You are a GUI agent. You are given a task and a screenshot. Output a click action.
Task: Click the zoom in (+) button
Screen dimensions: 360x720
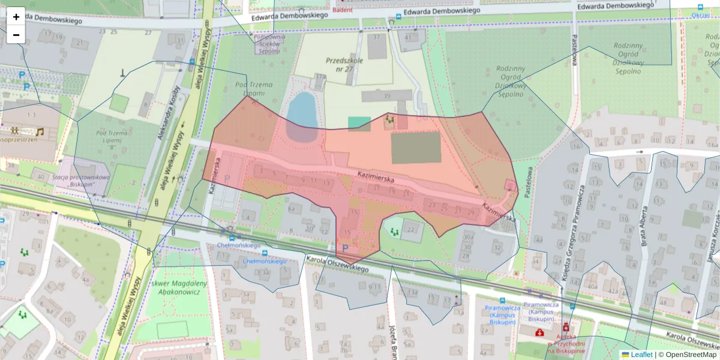tap(16, 17)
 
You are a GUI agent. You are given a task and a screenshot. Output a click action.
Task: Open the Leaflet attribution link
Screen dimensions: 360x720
tap(641, 355)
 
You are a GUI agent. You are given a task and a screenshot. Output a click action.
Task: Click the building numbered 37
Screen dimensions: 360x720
tap(377, 46)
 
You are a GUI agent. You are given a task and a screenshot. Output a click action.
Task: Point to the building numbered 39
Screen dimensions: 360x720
tap(387, 96)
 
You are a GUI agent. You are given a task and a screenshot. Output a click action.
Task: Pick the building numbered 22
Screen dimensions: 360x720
tap(411, 230)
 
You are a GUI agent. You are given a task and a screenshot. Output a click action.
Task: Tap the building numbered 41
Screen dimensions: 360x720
tap(410, 38)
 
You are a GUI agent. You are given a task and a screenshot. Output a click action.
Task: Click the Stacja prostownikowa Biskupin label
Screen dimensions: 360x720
tap(82, 181)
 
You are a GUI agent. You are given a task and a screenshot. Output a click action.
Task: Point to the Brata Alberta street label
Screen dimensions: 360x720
tap(644, 226)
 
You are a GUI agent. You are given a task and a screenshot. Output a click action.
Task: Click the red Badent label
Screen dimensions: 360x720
tap(343, 9)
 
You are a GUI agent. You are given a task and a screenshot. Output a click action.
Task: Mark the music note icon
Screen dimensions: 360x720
tap(40, 131)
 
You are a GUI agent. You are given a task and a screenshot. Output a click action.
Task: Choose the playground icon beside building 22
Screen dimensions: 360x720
tap(394, 230)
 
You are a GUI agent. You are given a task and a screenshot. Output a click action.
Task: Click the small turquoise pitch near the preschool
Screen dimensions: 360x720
tap(359, 124)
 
